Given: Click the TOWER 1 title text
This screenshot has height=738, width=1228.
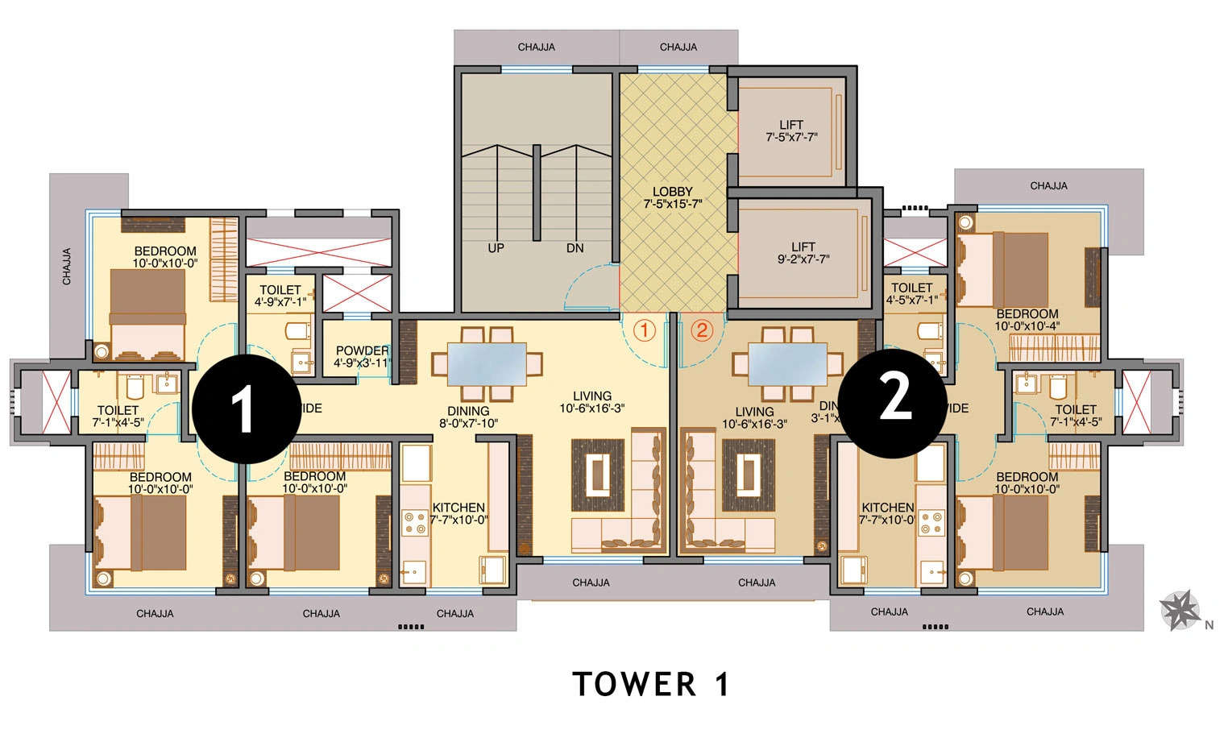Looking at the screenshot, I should point(650,685).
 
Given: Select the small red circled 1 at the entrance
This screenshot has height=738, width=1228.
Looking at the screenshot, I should point(644,330).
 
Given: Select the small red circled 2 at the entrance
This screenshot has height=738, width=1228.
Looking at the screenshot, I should point(702,330).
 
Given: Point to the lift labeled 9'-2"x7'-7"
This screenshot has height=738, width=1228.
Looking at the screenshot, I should point(803,253).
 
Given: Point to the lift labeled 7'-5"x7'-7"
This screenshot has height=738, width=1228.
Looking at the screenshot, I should point(791,131).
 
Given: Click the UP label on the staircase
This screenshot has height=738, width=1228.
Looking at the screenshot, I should point(496,248).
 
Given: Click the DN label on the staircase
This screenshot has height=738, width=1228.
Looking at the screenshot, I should point(575,248).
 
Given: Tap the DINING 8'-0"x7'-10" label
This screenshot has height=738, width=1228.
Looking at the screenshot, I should point(468,417).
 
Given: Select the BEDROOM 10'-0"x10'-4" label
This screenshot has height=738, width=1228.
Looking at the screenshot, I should point(1027,320).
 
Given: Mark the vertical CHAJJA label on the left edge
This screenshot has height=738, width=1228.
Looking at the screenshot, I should point(67,266).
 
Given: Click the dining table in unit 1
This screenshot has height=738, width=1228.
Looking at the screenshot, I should point(487,364).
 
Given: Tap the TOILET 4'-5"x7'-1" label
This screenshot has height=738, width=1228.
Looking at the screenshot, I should point(912,293).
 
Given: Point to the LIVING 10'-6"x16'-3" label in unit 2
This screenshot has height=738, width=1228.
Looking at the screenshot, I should point(754,417).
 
